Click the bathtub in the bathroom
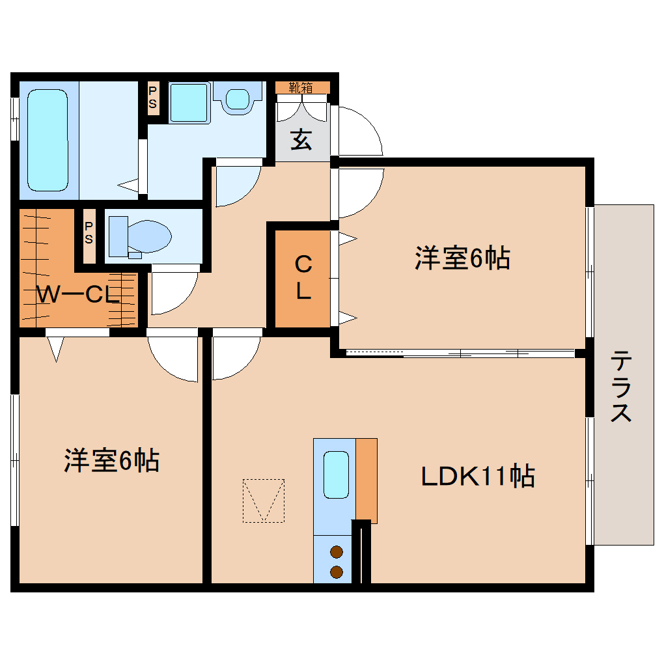coord(48,139)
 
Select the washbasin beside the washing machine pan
coord(237,99)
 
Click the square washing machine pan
coord(189,102)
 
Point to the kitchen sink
coord(336,475)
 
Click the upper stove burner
coord(337,553)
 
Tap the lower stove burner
coord(337,572)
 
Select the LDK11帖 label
coord(477,477)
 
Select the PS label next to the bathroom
coord(153,98)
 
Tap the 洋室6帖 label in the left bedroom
coord(111,460)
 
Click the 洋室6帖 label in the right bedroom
coord(462,258)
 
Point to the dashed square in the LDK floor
coord(264,500)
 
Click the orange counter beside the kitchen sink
coord(367,480)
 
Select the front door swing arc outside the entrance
coord(358,130)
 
